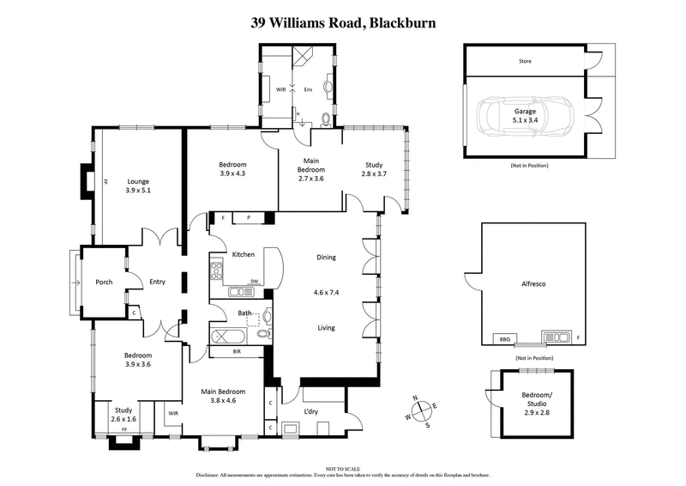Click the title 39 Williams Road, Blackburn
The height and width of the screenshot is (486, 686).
pos(342,23)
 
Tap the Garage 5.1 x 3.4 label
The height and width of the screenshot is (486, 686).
pos(526,116)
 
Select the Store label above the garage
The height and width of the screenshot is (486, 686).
pos(525,62)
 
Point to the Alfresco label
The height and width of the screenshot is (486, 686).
pos(533,282)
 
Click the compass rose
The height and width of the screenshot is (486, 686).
pos(424,411)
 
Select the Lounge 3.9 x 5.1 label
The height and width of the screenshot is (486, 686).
pos(139,185)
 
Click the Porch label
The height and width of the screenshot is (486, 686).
pos(104,282)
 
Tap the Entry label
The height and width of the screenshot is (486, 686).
pos(157,282)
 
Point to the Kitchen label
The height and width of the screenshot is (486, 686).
pos(243,254)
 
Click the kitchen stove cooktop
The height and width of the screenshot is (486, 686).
pos(217,273)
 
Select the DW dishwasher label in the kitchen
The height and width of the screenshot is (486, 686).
pos(254,282)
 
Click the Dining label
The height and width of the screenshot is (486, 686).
pos(325,257)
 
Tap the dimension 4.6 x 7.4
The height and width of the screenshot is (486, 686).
pos(326,292)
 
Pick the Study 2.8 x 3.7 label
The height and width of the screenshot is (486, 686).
pos(373,170)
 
